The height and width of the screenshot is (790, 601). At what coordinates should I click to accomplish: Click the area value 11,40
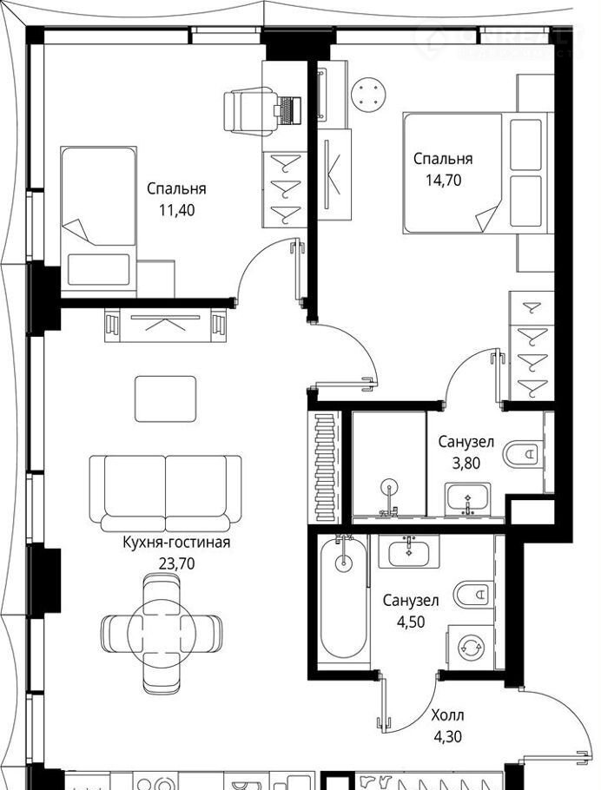pyautogui.click(x=176, y=210)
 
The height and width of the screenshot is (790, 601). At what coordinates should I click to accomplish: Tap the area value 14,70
pyautogui.click(x=443, y=180)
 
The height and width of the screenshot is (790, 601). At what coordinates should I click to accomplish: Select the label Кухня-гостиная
pyautogui.click(x=176, y=542)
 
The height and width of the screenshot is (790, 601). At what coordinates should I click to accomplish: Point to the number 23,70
pyautogui.click(x=176, y=563)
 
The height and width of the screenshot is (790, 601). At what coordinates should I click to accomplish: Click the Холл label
pyautogui.click(x=447, y=715)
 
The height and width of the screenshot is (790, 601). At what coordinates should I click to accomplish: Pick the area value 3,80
pyautogui.click(x=466, y=463)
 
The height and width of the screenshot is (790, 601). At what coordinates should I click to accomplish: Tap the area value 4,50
pyautogui.click(x=411, y=622)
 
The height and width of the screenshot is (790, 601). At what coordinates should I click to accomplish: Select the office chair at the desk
pyautogui.click(x=248, y=110)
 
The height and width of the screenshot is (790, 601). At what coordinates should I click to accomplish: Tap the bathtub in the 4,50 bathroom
pyautogui.click(x=344, y=598)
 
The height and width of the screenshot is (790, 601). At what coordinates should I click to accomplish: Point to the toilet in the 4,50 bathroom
pyautogui.click(x=473, y=594)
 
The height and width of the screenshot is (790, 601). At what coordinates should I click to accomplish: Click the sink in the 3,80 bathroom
pyautogui.click(x=467, y=499)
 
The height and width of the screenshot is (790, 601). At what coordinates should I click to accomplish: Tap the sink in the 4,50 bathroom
pyautogui.click(x=408, y=551)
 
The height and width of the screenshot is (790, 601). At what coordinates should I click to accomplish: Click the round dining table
pyautogui.click(x=162, y=634)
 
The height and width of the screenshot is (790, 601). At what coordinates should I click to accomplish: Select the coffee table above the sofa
pyautogui.click(x=165, y=398)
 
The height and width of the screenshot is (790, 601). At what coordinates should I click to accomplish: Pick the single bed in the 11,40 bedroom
pyautogui.click(x=98, y=221)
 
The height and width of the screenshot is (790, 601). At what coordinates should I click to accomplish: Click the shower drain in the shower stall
pyautogui.click(x=389, y=487)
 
